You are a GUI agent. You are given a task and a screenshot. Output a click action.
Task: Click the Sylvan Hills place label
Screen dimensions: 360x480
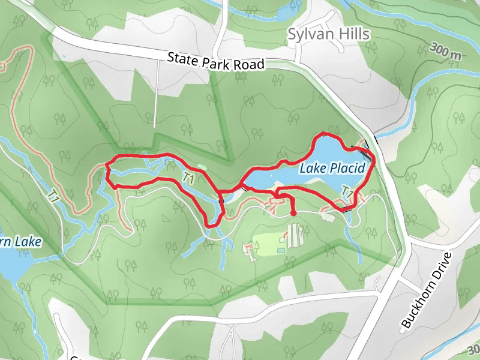328,34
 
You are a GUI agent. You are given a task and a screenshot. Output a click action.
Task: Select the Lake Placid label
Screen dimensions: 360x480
332,169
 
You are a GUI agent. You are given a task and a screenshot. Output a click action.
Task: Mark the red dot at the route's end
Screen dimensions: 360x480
293,213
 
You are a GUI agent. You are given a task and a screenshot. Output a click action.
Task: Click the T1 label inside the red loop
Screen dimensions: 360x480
188,178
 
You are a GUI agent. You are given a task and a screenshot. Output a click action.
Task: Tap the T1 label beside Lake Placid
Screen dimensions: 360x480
346,191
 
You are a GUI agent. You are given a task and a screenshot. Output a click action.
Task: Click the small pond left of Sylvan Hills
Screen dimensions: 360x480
286,13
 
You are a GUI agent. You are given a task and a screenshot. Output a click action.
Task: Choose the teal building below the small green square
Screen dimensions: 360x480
280,250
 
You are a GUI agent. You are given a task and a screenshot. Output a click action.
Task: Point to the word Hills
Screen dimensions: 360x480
353,34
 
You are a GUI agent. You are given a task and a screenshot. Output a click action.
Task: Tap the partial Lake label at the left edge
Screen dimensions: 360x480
21,242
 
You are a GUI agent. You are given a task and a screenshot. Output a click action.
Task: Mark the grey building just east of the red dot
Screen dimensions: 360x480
328,217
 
